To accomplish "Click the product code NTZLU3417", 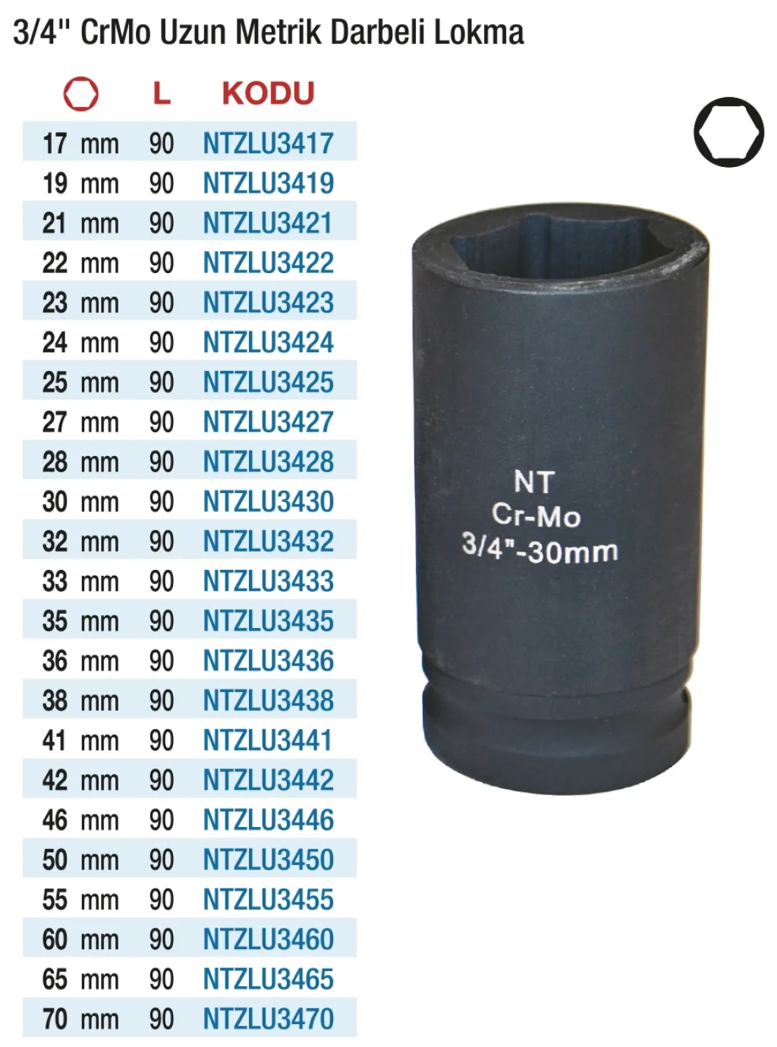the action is click(268, 143).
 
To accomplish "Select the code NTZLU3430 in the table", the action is click(268, 501).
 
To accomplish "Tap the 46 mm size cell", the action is click(80, 820).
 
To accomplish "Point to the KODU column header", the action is click(268, 93).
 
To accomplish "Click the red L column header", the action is click(162, 93).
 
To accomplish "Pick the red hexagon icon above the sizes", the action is click(80, 94).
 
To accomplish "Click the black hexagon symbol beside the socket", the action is click(728, 132).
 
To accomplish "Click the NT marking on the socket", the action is click(533, 483).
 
